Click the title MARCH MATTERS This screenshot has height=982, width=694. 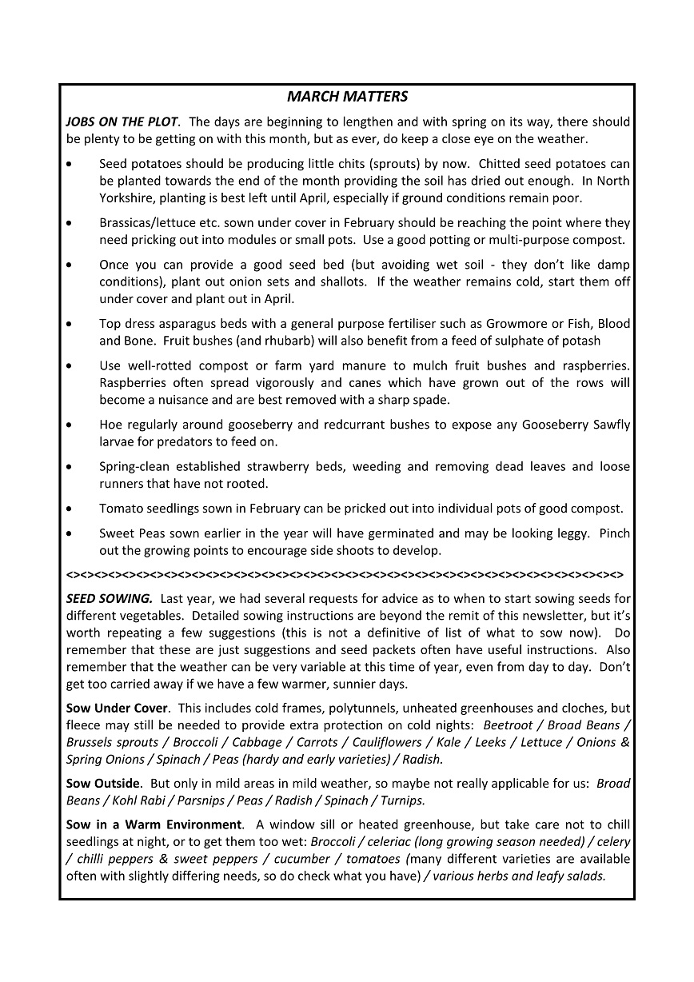coord(347,97)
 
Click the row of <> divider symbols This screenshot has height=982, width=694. coord(345,574)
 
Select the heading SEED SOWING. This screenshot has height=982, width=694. coord(109,598)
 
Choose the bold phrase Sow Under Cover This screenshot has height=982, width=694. coord(118,708)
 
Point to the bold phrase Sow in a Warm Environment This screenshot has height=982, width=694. coord(154,824)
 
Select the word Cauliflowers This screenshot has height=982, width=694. coord(387,741)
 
